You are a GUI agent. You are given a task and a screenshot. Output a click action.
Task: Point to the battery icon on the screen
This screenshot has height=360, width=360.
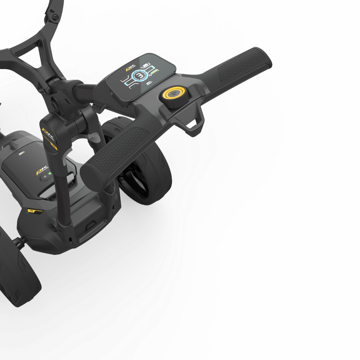(x=146, y=65)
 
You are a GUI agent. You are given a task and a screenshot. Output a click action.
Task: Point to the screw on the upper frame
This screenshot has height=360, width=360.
(x=55, y=17)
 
